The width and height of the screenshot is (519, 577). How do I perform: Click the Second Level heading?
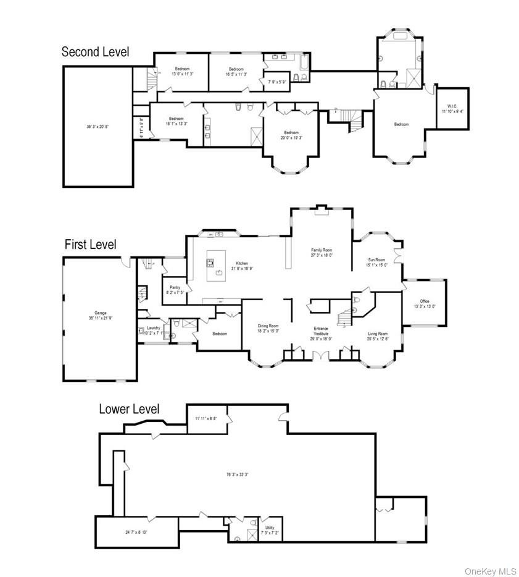point(96,52)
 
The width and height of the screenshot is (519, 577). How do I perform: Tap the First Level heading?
point(90,245)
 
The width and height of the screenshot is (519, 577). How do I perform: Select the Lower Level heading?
point(129,409)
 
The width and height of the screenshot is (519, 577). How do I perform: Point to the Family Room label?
point(322,250)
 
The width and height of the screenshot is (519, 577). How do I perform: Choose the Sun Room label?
point(376,260)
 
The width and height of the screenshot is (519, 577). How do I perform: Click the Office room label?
point(425,301)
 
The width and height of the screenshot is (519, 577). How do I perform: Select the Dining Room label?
point(268,326)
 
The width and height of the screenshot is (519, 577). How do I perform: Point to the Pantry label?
point(175,287)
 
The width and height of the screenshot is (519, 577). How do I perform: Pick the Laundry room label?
point(154,327)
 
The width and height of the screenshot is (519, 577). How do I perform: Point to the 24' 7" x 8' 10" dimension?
point(136,532)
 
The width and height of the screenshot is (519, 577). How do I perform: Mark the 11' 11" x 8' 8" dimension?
point(206,419)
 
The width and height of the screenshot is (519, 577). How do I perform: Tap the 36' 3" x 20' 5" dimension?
point(98,127)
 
